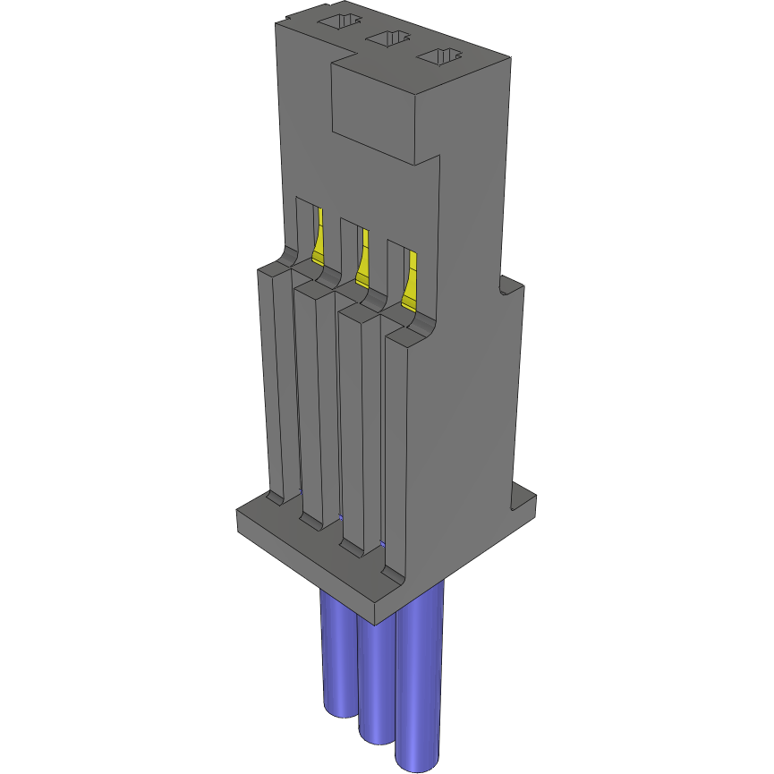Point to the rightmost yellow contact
pyautogui.click(x=410, y=281)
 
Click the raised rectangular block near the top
pyautogui.click(x=376, y=107)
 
